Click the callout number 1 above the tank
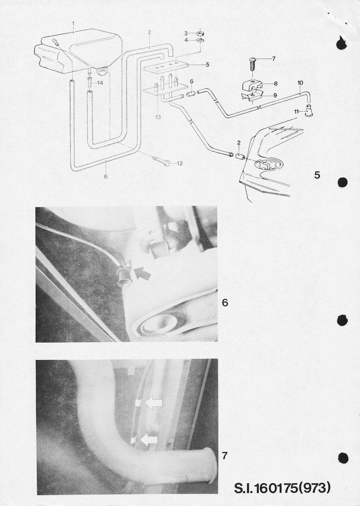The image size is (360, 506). click(73, 23)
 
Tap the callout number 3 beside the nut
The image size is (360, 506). click(186, 33)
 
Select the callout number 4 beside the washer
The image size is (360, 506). click(186, 40)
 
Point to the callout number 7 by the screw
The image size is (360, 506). click(274, 59)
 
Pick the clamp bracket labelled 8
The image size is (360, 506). click(251, 86)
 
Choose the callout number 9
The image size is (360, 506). click(275, 95)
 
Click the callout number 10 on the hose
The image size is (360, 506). click(300, 83)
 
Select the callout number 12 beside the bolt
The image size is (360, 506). click(180, 163)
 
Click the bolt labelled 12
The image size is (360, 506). click(161, 161)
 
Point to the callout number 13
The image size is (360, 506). click(158, 117)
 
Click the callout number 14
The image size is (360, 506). click(100, 83)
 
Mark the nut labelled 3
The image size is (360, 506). click(199, 33)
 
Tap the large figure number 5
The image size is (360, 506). click(317, 175)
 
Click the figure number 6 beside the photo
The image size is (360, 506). click(225, 303)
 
